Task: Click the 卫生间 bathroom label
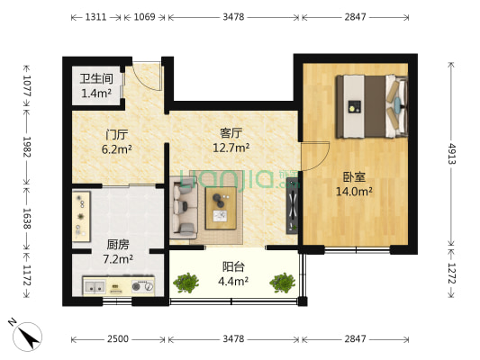click(95, 77)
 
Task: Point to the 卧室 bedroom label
click(353, 176)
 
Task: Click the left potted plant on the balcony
click(188, 283)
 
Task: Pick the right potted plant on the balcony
click(281, 283)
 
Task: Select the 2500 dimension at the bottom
click(117, 339)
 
